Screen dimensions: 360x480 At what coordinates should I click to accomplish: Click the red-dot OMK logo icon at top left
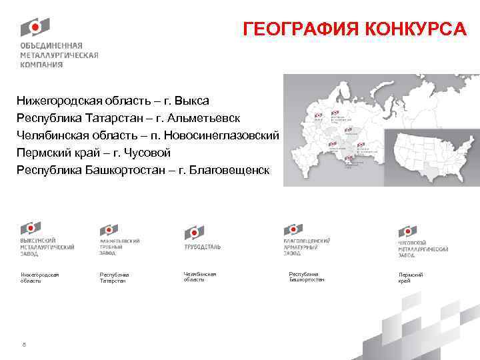(x=35, y=27)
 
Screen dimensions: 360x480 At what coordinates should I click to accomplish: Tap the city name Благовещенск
(x=230, y=170)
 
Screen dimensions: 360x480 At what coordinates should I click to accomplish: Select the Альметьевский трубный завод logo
(x=119, y=240)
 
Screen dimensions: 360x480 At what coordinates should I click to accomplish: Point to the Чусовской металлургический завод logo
(x=423, y=240)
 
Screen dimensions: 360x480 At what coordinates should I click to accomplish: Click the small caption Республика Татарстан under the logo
(x=115, y=277)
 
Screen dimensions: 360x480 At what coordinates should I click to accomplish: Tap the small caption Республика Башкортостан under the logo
(x=307, y=277)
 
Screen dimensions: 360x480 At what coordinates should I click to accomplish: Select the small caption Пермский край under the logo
(x=411, y=277)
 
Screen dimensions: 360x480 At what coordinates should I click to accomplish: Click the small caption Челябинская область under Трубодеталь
(x=200, y=277)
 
